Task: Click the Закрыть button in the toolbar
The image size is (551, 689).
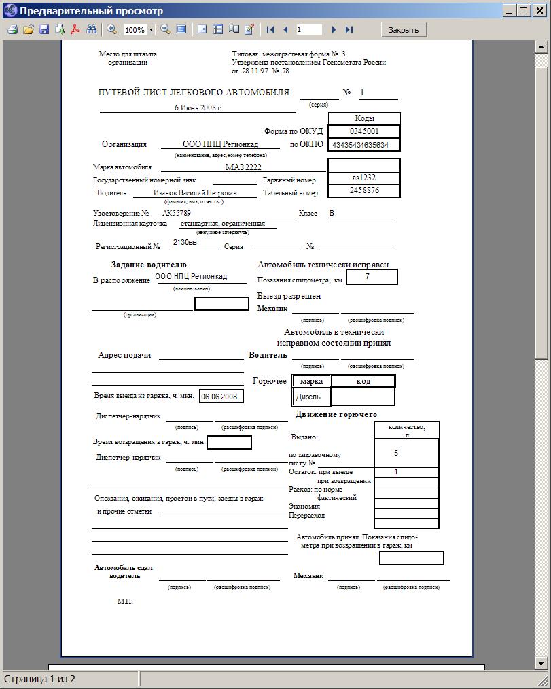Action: tap(404, 29)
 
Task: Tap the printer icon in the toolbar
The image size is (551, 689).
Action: tap(12, 29)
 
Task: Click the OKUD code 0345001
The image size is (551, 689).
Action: tap(364, 131)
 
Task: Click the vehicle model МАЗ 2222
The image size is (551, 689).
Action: tap(243, 167)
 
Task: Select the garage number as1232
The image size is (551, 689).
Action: tap(364, 178)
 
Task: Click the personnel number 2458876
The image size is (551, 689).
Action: tap(364, 190)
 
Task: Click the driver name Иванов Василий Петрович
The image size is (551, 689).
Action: tap(195, 192)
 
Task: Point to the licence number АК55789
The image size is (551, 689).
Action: tap(177, 213)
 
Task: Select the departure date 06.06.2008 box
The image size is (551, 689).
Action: tap(221, 396)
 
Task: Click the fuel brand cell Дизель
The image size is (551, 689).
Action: tap(308, 397)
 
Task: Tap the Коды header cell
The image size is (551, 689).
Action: tap(364, 118)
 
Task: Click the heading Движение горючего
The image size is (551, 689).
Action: tap(336, 414)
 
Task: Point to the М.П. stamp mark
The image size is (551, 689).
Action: tap(125, 601)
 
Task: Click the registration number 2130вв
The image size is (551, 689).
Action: tap(185, 242)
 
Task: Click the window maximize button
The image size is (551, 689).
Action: tap(523, 10)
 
